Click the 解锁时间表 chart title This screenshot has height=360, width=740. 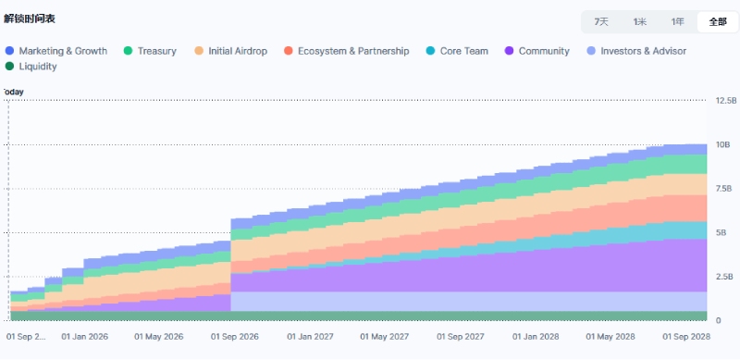click(30, 19)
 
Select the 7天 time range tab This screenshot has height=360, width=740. click(600, 21)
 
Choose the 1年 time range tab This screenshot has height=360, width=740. click(678, 21)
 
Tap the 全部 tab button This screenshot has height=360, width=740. click(718, 21)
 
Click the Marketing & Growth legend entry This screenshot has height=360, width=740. click(56, 51)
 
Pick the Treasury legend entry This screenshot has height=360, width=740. click(150, 51)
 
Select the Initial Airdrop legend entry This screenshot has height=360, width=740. click(230, 51)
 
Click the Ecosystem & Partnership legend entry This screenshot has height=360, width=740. click(346, 51)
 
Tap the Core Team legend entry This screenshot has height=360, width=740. click(457, 51)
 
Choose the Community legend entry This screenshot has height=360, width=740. click(537, 51)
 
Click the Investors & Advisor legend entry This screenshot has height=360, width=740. click(636, 51)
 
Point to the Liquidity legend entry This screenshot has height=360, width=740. click(31, 67)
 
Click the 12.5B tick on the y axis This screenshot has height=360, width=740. click(726, 101)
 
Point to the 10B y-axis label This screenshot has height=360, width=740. click(723, 144)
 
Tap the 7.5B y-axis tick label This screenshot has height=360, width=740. click(724, 189)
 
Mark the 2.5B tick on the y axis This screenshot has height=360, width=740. click(724, 277)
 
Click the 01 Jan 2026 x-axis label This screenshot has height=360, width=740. click(84, 337)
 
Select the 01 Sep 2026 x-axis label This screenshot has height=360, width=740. click(235, 337)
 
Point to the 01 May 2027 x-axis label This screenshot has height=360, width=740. click(385, 337)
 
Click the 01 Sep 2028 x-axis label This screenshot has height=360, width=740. click(686, 337)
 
